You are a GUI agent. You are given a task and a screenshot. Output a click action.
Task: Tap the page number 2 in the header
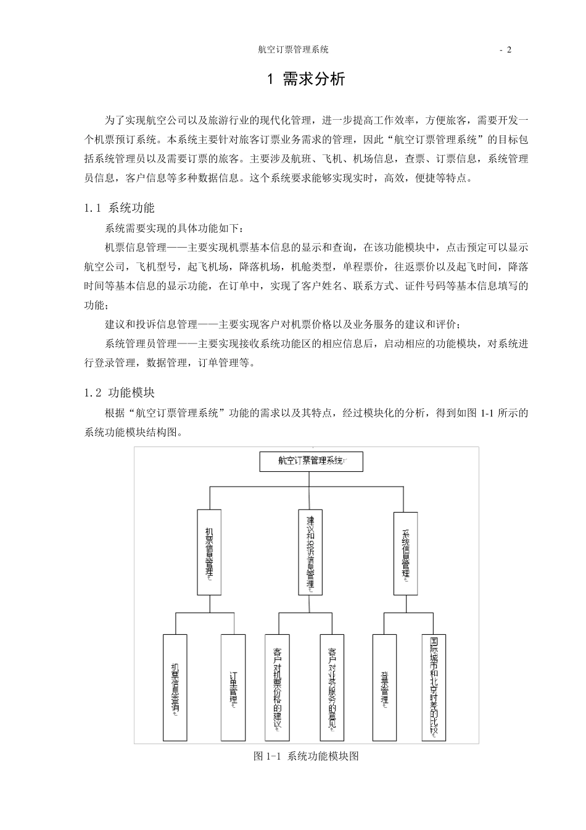[509, 50]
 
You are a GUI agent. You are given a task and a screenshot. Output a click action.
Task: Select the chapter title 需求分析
[314, 80]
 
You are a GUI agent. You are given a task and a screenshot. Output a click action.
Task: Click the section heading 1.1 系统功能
[120, 207]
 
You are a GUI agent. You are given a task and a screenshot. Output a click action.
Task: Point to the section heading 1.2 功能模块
[120, 392]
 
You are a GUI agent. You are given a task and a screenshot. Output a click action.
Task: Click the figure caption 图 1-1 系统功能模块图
[306, 756]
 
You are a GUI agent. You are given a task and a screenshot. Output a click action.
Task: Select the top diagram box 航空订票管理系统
[311, 461]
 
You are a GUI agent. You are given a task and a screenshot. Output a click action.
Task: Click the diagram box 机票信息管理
[209, 551]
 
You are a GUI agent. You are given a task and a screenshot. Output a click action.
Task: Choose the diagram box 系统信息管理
[405, 551]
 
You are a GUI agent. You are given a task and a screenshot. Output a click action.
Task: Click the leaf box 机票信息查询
[175, 687]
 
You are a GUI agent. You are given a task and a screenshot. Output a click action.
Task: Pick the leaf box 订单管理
[233, 687]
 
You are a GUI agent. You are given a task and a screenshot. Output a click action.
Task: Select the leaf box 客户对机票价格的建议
[276, 687]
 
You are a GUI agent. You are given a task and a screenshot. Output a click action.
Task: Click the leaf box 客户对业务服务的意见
[332, 687]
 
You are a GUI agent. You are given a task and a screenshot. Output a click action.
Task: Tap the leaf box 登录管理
[384, 687]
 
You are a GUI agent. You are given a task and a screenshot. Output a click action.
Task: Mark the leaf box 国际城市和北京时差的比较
[434, 687]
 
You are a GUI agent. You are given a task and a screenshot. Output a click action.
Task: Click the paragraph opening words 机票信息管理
[136, 248]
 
